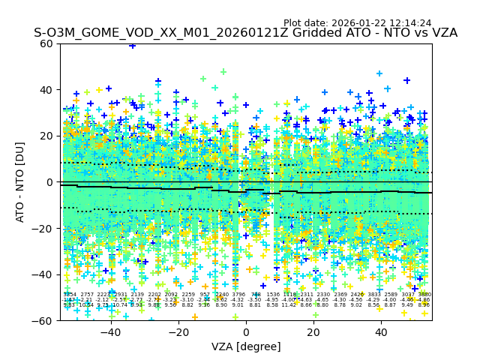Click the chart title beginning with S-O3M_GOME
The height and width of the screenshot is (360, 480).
coord(245,33)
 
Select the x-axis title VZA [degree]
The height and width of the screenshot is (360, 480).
coord(246,346)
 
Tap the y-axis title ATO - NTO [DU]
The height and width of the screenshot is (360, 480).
coord(20,182)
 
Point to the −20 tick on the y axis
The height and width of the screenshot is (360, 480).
coord(45,229)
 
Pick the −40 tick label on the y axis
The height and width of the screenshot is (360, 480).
coord(45,274)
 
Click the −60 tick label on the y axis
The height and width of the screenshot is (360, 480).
coord(45,321)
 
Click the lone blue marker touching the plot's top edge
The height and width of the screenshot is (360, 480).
coord(133,45)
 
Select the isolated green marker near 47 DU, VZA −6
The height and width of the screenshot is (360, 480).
coord(223,72)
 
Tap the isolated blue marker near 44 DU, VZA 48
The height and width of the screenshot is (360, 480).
coord(407,80)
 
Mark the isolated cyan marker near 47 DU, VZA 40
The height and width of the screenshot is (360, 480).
coord(379,73)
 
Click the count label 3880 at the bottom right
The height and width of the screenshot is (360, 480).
coord(424,295)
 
